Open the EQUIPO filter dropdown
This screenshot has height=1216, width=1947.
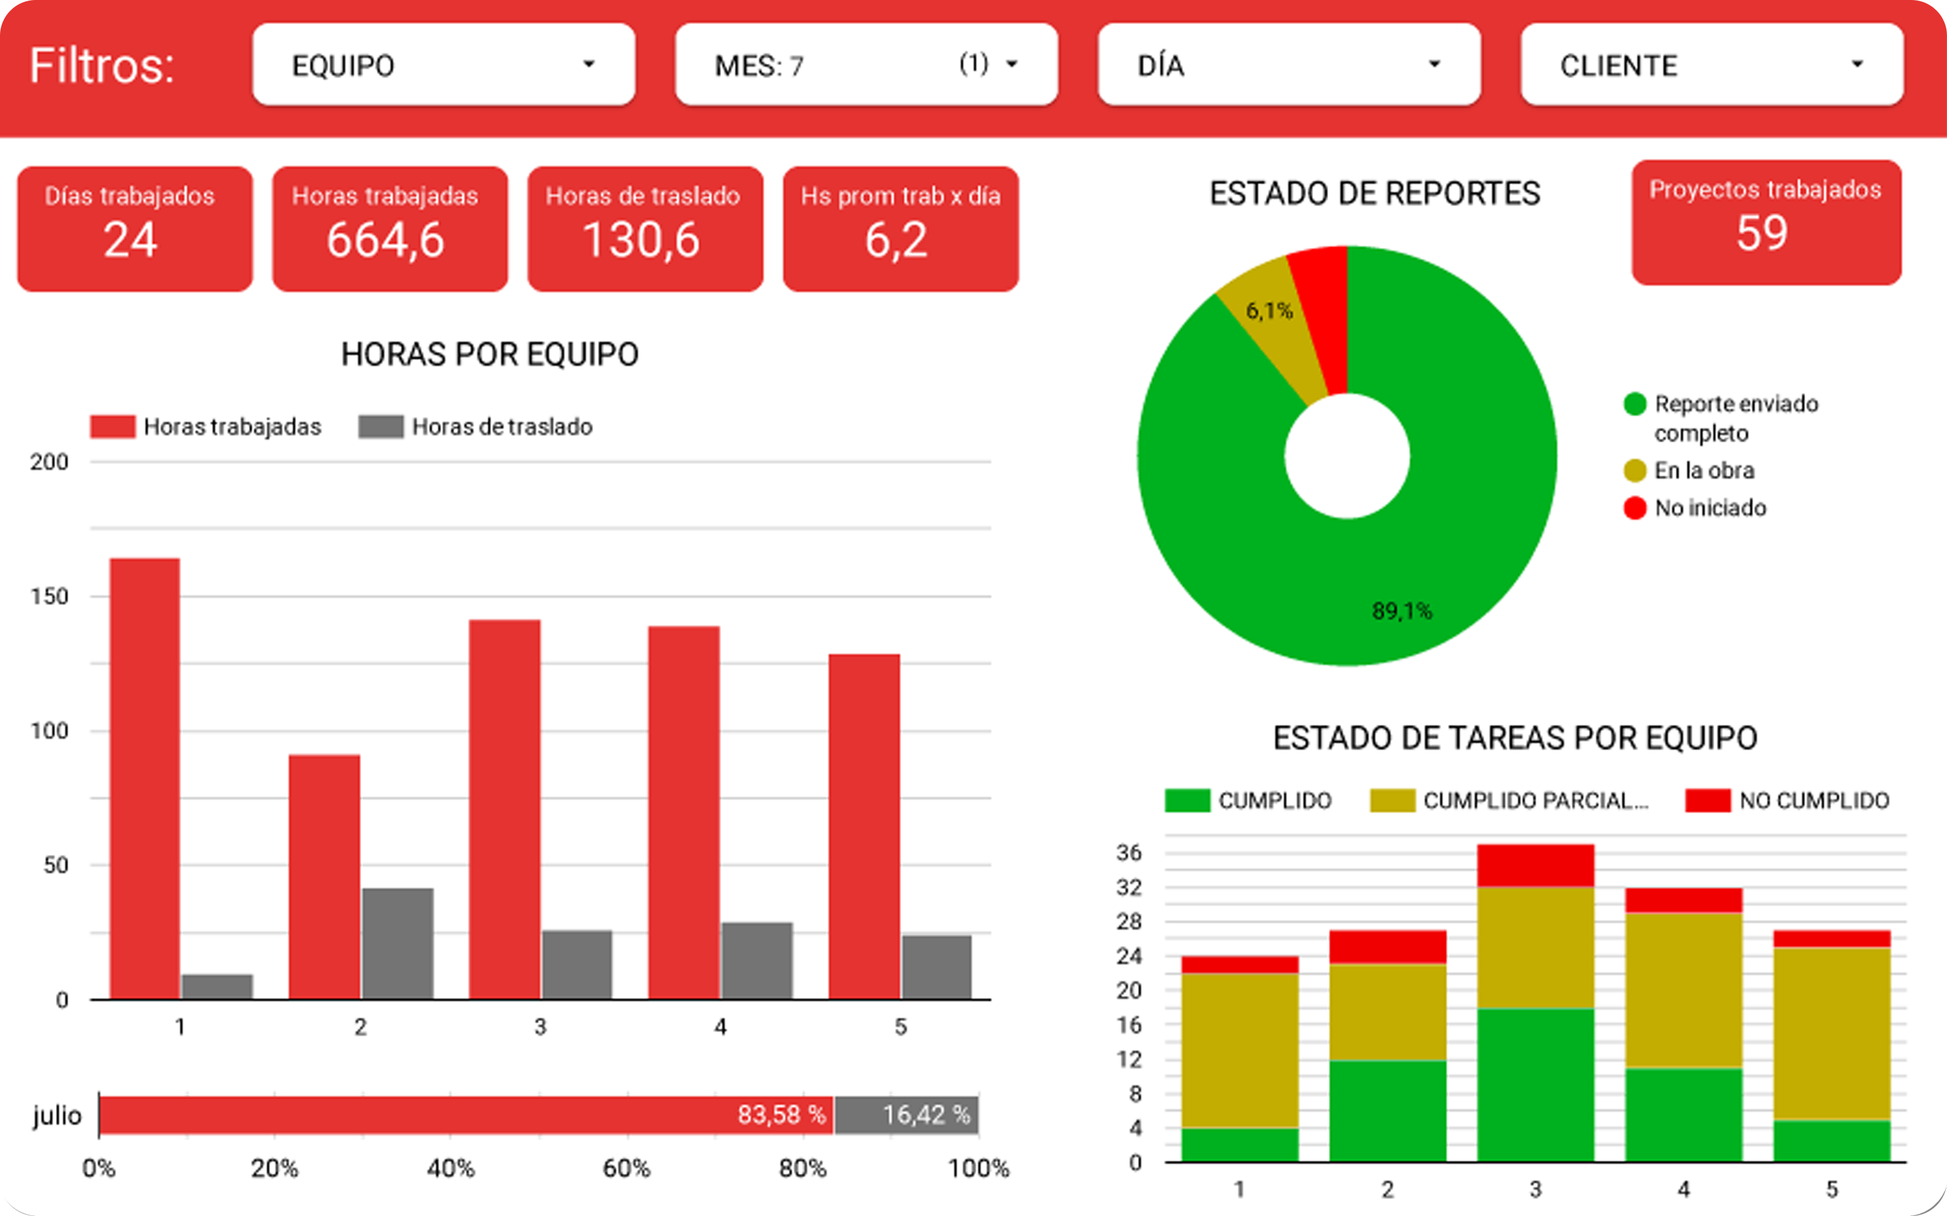[x=443, y=64]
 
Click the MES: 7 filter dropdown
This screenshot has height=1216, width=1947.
[x=866, y=64]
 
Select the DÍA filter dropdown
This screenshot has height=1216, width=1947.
[x=1288, y=64]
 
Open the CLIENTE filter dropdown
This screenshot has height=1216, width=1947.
[x=1711, y=64]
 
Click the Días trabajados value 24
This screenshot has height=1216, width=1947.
[x=130, y=239]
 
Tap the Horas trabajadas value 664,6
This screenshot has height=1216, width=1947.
[x=385, y=239]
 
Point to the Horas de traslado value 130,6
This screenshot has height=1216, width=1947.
[x=641, y=239]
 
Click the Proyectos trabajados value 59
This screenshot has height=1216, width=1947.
[x=1762, y=233]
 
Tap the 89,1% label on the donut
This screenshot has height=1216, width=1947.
[x=1402, y=611]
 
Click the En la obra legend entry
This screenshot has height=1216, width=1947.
[x=1704, y=470]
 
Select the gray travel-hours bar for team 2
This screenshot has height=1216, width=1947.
[x=398, y=943]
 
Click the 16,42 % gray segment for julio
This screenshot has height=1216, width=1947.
[x=906, y=1115]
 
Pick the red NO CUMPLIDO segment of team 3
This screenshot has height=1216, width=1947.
[x=1535, y=865]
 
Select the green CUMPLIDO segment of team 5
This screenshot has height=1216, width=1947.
[x=1831, y=1141]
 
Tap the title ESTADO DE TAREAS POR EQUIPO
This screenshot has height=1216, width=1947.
[x=1514, y=738]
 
